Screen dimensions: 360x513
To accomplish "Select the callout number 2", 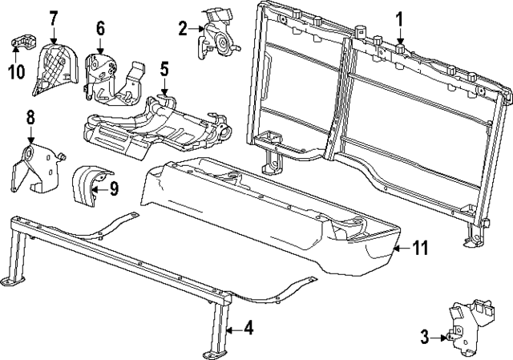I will click(184, 29).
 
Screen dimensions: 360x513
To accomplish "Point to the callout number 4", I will click(248, 327).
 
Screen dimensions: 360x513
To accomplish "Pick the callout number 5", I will click(164, 70).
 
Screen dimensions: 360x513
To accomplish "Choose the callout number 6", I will click(100, 29).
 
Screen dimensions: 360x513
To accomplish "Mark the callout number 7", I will click(54, 17).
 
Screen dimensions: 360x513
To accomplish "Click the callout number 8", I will click(30, 118).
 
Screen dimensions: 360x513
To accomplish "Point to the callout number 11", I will click(420, 249).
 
